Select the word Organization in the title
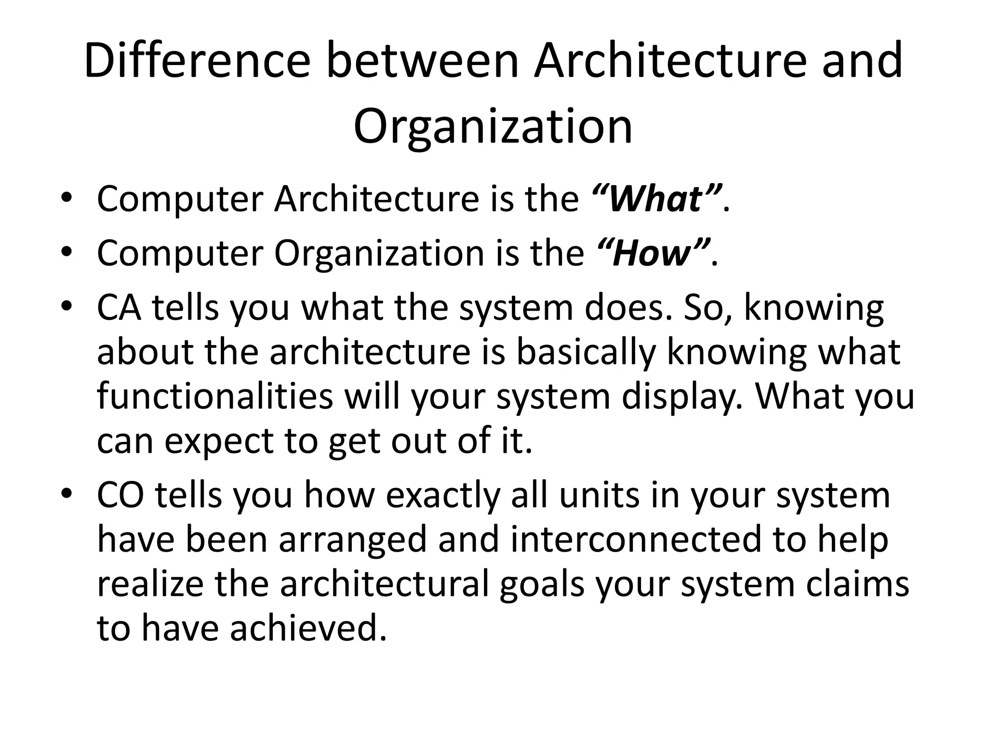pos(493,126)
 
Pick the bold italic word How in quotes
pos(653,253)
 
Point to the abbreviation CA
pos(119,308)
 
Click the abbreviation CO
pos(120,495)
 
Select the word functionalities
pos(215,396)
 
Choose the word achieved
pos(308,629)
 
